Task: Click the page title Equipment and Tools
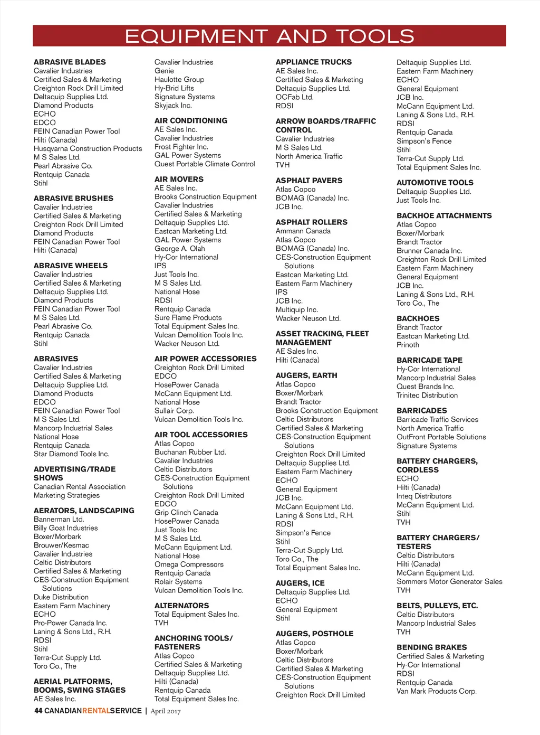(269, 36)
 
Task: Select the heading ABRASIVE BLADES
(70, 62)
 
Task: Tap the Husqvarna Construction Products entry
(88, 149)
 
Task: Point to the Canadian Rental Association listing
(80, 487)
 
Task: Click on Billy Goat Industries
(65, 528)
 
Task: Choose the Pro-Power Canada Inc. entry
(70, 623)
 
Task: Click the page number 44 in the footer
(38, 711)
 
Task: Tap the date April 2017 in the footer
(166, 711)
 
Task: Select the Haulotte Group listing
(179, 80)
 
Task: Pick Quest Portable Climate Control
(205, 164)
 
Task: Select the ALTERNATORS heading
(181, 606)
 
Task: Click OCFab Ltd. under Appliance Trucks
(294, 97)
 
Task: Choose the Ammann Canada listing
(303, 231)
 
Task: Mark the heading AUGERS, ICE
(300, 583)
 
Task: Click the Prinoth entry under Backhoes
(408, 345)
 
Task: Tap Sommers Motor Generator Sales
(449, 582)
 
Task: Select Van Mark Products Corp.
(436, 691)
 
